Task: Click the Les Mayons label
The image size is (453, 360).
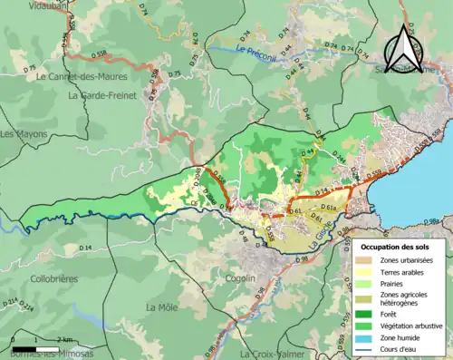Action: [20, 134]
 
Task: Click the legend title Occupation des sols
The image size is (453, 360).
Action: [397, 246]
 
